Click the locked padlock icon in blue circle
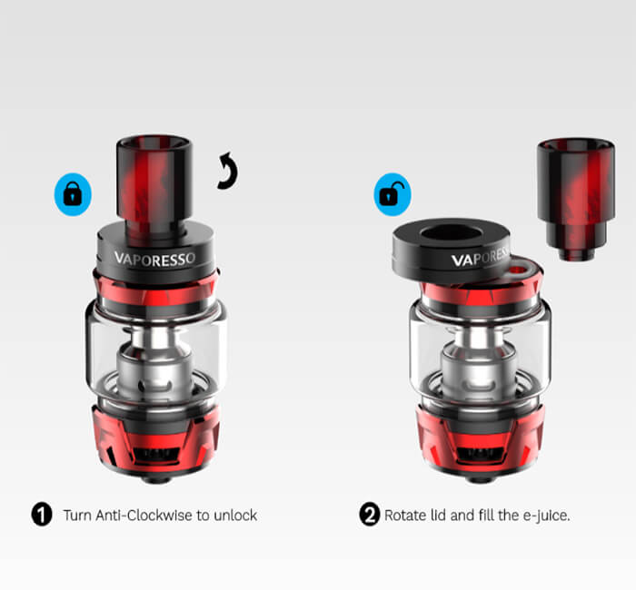[x=73, y=194]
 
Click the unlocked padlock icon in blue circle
[x=393, y=194]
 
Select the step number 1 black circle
[x=42, y=515]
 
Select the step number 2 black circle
[x=370, y=515]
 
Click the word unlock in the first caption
[x=235, y=516]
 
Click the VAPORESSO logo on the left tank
[x=154, y=259]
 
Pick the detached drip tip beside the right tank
[x=576, y=199]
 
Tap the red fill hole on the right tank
[x=518, y=270]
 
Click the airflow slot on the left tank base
[x=156, y=454]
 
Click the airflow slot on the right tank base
[x=480, y=454]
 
